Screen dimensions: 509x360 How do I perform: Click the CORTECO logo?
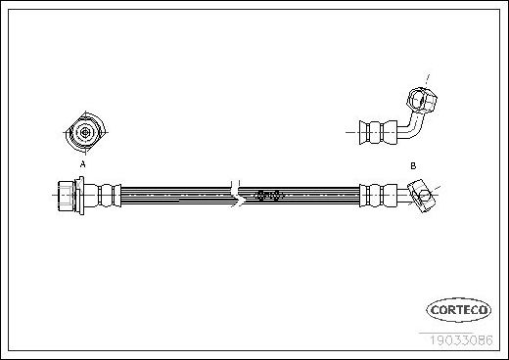(459, 310)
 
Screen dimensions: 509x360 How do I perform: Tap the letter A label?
(83, 164)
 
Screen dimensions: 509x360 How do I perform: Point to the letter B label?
(413, 165)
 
